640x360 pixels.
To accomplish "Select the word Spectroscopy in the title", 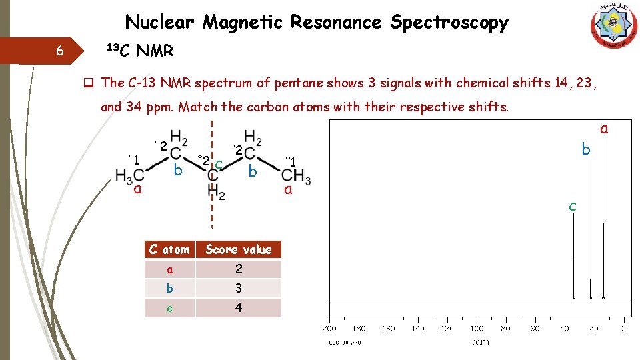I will (449, 23).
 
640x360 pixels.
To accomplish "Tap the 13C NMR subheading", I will (141, 50).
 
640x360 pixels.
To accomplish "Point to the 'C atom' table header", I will (169, 250).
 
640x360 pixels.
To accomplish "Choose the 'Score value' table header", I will (239, 250).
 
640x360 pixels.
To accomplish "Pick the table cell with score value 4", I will (239, 308).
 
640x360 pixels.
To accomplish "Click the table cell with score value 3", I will (239, 289).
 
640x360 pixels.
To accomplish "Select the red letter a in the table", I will (169, 269).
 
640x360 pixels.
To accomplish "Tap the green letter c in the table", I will (169, 308).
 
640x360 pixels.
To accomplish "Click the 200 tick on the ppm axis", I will (329, 328).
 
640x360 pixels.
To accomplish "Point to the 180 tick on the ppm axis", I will (359, 328).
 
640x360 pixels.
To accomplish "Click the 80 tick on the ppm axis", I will (505, 328).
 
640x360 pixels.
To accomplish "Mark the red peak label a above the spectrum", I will (604, 129).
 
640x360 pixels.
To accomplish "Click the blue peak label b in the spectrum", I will (585, 150).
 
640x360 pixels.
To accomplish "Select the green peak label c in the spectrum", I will (572, 207).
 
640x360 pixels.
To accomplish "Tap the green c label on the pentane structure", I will (219, 163).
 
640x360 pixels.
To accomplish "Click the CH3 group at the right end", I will (296, 177).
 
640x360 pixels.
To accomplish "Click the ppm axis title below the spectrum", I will (480, 342).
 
